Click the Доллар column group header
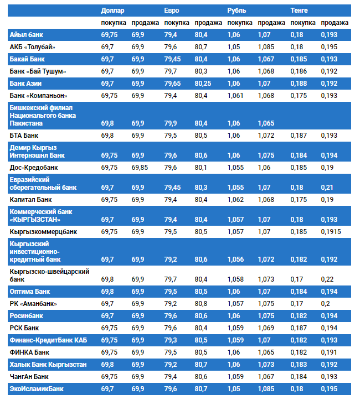tap(112, 11)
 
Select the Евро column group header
tap(172, 11)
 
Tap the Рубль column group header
tap(236, 11)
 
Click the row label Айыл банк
tap(27, 35)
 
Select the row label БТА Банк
tap(24, 135)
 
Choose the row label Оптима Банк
tap(30, 291)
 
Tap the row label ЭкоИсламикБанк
tap(37, 389)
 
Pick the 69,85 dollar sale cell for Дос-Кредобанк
tap(140, 167)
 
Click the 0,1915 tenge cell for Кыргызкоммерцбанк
tap(331, 231)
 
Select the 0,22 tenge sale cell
tap(328, 279)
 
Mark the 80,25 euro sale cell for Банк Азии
tap(203, 84)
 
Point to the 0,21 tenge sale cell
tap(328, 188)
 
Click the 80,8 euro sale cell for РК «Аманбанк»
tap(201, 304)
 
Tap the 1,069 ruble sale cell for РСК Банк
tap(266, 328)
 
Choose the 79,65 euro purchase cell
tap(173, 84)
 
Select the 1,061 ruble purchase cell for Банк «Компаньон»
tap(235, 96)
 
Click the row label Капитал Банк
tap(31, 200)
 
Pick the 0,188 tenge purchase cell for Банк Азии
tap(299, 84)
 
